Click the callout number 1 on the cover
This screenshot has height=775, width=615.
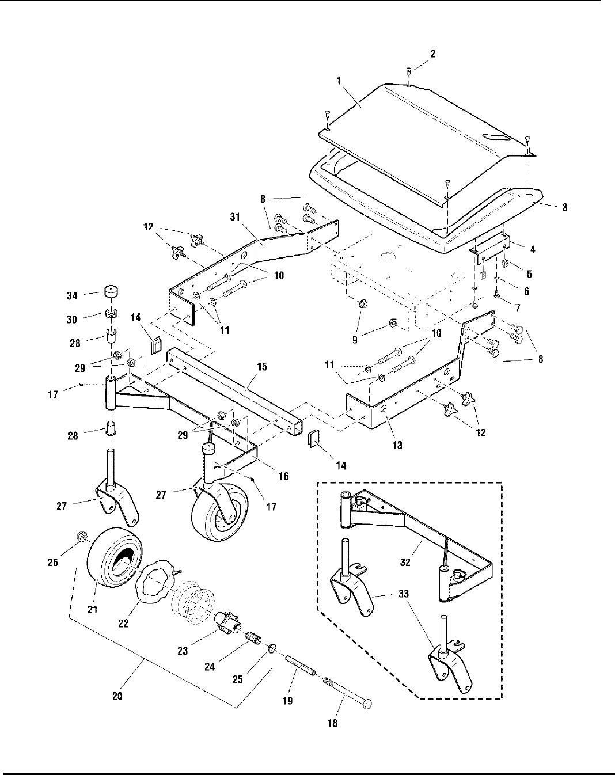(x=338, y=81)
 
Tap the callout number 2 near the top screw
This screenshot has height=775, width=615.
(x=432, y=54)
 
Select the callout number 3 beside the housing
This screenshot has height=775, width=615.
(x=564, y=207)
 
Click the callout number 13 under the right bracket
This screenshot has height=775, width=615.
(x=397, y=446)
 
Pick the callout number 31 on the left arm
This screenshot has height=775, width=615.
(x=235, y=217)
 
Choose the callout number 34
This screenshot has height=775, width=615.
(x=72, y=296)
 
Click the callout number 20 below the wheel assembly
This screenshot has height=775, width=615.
(x=117, y=696)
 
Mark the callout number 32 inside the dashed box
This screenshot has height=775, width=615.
(x=405, y=562)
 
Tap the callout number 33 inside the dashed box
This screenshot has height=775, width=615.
(x=404, y=593)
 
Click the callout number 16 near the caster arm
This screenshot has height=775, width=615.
(x=283, y=476)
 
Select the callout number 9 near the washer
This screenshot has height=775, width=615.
(x=355, y=340)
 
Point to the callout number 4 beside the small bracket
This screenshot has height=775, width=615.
(x=533, y=249)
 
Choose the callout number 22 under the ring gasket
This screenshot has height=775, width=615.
(x=123, y=623)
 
